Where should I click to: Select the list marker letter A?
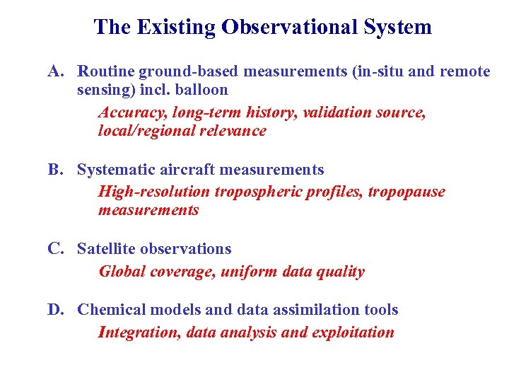pos(57,71)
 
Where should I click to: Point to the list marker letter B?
pos(56,170)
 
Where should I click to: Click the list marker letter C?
pos(56,249)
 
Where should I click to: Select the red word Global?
pos(122,272)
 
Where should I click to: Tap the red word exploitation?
pos(353,332)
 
